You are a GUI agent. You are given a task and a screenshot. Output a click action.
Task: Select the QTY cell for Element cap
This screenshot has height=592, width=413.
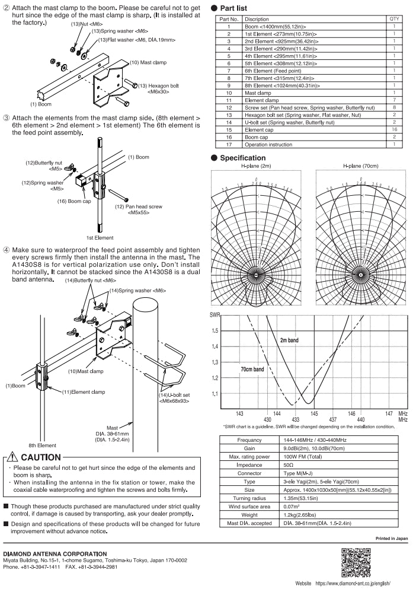point(395,129)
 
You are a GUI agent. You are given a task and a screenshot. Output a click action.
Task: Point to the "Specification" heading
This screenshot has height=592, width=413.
point(242,158)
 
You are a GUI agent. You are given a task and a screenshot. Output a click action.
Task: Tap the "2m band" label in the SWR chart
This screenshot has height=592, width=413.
point(289,340)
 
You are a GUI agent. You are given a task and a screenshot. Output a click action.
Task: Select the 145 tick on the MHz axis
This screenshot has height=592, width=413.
point(314,413)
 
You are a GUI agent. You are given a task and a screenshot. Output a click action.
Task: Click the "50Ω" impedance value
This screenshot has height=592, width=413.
point(286,466)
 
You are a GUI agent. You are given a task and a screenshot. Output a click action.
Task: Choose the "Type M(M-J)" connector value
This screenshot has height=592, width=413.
point(294,474)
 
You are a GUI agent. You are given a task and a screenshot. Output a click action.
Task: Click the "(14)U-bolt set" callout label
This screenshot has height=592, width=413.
point(173,394)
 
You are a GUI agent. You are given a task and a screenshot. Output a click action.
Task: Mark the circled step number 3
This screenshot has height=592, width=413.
point(7,119)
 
